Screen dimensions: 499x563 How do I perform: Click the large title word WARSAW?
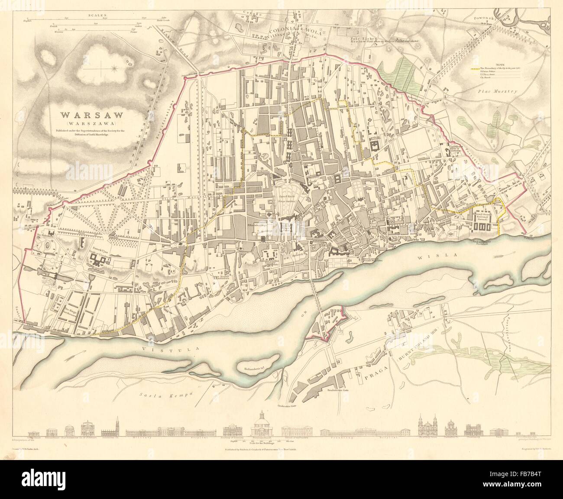[91, 116]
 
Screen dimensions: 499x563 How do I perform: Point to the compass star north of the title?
[114, 67]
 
